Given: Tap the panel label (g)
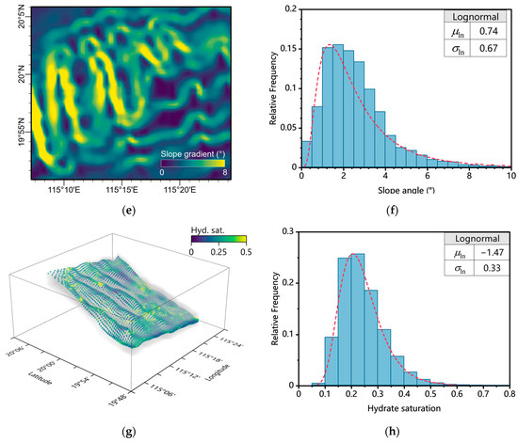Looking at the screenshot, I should point(132,432).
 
